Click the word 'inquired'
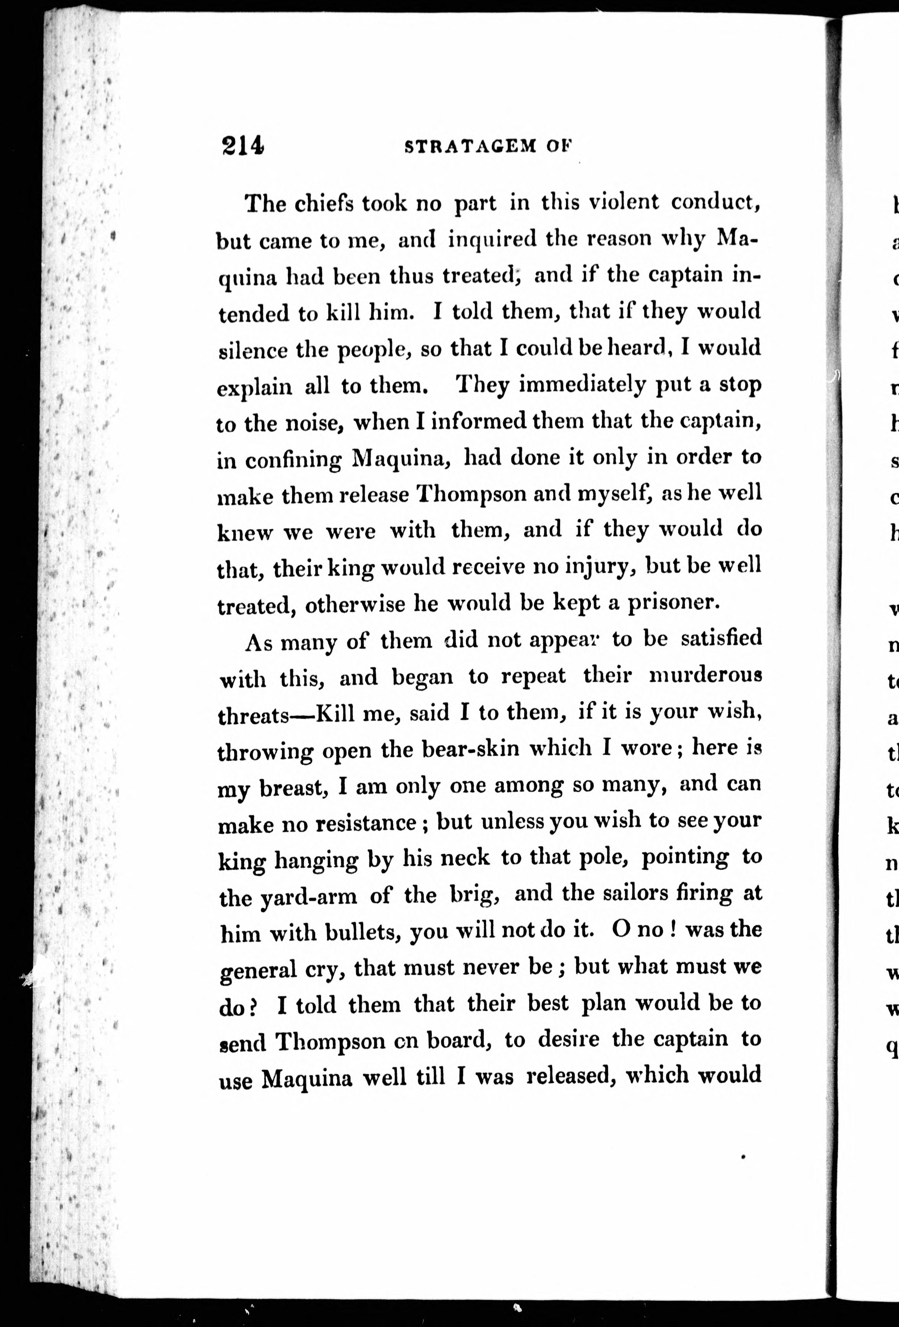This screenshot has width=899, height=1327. (492, 239)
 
